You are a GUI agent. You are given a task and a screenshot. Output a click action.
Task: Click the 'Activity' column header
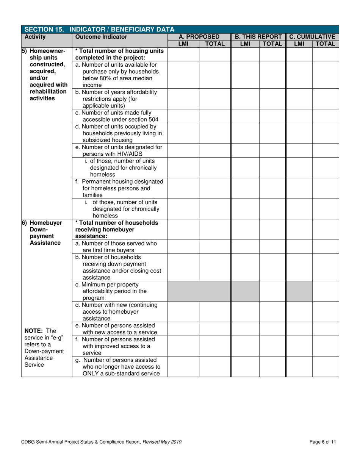[35, 37]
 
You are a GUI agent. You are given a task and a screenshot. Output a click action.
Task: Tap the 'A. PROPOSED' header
[199, 37]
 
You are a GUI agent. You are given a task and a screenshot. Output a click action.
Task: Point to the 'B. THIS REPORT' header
[258, 37]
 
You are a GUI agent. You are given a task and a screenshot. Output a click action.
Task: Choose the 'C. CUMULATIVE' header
[312, 37]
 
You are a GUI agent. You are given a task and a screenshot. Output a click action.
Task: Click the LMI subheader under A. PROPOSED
[183, 44]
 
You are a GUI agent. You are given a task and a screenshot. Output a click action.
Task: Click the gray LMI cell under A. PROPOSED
[183, 291]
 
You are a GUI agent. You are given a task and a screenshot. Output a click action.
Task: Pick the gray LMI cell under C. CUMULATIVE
[299, 291]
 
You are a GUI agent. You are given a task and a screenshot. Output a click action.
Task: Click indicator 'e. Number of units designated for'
[119, 147]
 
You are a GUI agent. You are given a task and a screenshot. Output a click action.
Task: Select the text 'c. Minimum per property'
[107, 284]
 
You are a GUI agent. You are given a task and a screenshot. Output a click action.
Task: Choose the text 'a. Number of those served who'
[116, 243]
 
